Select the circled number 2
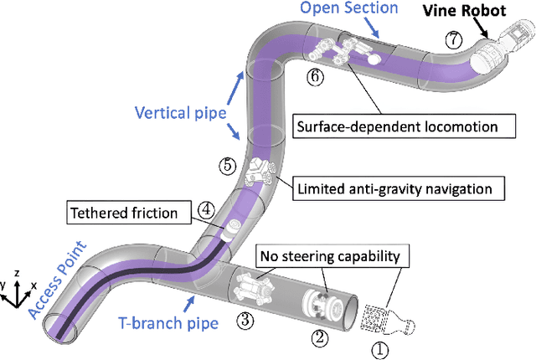pyautogui.click(x=318, y=337)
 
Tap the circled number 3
pyautogui.click(x=245, y=319)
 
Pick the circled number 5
pyautogui.click(x=226, y=165)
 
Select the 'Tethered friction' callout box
pyautogui.click(x=136, y=213)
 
